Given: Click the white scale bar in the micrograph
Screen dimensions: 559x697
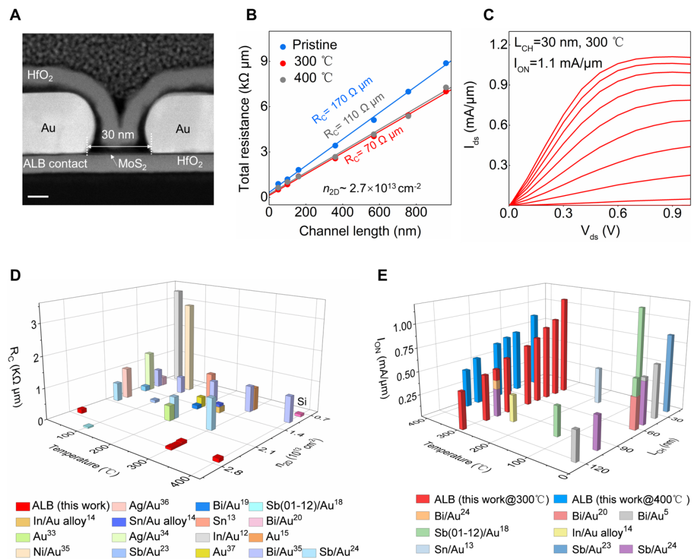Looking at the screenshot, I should [38, 196].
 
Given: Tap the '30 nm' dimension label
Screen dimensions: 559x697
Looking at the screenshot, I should [118, 135].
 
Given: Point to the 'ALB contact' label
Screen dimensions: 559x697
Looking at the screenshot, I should [55, 164].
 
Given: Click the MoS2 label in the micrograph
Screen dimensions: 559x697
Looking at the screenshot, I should [132, 164].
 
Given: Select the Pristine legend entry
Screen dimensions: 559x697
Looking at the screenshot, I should [314, 45].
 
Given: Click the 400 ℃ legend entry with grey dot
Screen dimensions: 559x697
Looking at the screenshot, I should [313, 78].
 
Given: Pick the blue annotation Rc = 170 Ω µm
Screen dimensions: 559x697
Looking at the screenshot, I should [342, 100].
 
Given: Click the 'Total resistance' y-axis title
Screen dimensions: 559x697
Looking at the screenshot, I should [244, 119].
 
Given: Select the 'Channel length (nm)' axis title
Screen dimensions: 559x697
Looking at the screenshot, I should [360, 231].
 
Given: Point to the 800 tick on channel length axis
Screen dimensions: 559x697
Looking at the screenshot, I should [416, 213].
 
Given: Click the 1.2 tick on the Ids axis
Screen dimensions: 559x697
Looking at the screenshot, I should [499, 44].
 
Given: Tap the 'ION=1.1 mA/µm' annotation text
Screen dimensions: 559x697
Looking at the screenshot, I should [558, 64].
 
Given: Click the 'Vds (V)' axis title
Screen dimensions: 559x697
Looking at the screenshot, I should [600, 231].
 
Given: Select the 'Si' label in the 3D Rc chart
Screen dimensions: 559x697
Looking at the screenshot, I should [302, 402].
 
